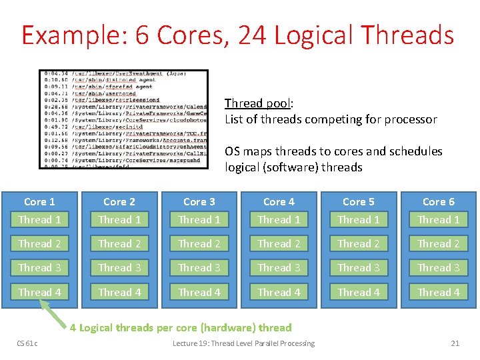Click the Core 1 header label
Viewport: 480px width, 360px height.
coord(39,201)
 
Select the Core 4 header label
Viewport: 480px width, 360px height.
coord(279,201)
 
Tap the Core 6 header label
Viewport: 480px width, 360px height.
coord(438,201)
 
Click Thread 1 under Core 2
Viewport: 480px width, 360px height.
coord(119,219)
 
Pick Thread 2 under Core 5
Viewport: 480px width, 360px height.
coord(359,243)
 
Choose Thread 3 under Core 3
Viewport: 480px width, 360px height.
coord(199,267)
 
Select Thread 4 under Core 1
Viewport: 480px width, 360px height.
coord(39,292)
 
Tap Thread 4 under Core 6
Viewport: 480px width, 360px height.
coord(438,292)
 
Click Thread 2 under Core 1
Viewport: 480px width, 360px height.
coord(39,243)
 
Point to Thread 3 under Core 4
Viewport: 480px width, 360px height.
coord(279,267)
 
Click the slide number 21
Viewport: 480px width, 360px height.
coord(455,343)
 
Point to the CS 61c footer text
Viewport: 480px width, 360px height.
coord(27,343)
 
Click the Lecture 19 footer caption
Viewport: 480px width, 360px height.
coord(243,343)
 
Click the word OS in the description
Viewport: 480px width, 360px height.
coord(232,151)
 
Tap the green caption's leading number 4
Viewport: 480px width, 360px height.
coord(73,327)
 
